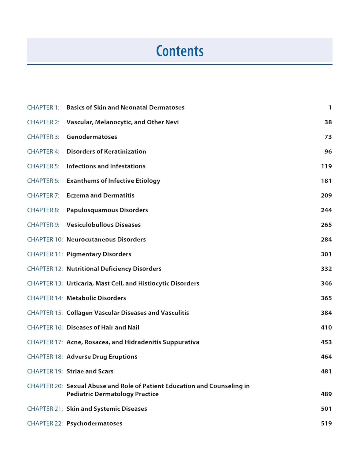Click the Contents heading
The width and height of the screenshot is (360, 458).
[x=180, y=51]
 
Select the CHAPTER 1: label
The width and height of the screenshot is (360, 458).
[x=43, y=107]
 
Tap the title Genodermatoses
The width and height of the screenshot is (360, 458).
[x=92, y=137]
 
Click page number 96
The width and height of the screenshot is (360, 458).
[x=328, y=151]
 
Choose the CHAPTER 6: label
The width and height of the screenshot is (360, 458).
[x=43, y=181]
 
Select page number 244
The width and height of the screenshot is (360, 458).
[x=326, y=210]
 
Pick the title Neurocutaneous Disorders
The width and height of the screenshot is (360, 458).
[x=106, y=239]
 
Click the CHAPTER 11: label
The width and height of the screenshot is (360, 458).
[x=45, y=254]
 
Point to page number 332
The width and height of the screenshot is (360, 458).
[x=326, y=269]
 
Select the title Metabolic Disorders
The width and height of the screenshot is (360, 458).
[x=96, y=298]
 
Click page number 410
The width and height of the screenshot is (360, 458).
[x=326, y=327]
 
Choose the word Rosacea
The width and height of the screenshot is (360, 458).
[x=97, y=342]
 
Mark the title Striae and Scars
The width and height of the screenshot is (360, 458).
[x=90, y=371]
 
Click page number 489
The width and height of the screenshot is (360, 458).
[x=326, y=394]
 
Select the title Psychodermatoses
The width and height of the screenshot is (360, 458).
[x=94, y=423]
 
